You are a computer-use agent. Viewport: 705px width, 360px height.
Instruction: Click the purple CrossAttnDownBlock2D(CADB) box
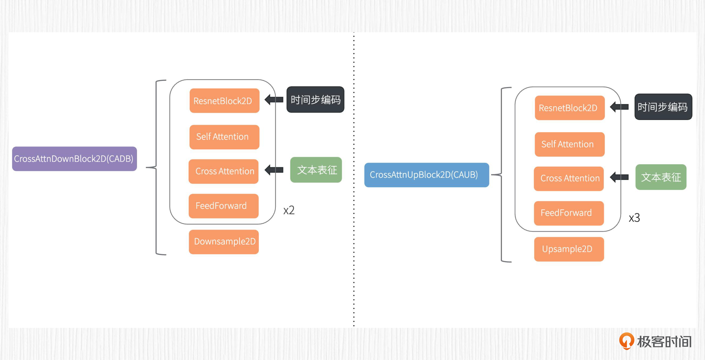click(74, 159)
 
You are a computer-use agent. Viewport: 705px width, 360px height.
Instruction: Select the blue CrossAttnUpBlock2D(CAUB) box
click(426, 175)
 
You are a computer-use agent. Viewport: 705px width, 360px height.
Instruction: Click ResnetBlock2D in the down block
click(224, 101)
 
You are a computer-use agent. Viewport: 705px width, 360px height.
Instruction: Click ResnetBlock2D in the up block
click(570, 108)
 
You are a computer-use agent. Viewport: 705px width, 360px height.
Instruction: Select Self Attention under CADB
click(224, 137)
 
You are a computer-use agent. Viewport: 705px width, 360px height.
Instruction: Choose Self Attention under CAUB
click(570, 144)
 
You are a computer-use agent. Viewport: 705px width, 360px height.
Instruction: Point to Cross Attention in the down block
click(224, 171)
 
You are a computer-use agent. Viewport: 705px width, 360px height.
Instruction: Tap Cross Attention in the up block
click(569, 178)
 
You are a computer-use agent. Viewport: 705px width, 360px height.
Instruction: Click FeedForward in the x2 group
click(224, 206)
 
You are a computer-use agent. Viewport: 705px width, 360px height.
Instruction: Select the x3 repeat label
click(634, 218)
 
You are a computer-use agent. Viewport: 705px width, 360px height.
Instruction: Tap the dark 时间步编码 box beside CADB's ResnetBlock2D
click(315, 100)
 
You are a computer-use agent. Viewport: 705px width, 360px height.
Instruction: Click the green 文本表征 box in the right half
click(661, 177)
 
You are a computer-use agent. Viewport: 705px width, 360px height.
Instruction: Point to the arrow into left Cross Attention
click(274, 170)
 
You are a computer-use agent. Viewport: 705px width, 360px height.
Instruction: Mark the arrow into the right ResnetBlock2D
click(619, 107)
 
